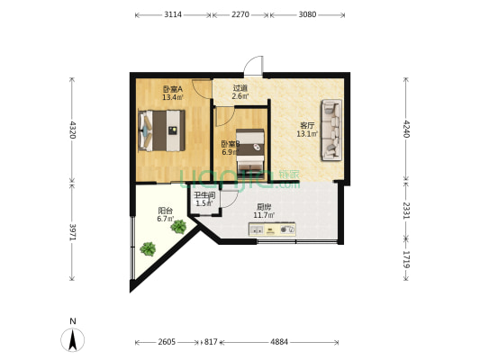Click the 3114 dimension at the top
174,15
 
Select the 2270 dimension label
240,15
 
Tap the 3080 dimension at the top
308,15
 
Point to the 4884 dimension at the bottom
279,342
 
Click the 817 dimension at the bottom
211,342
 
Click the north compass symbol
72,337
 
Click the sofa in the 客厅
331,130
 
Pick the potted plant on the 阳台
178,226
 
